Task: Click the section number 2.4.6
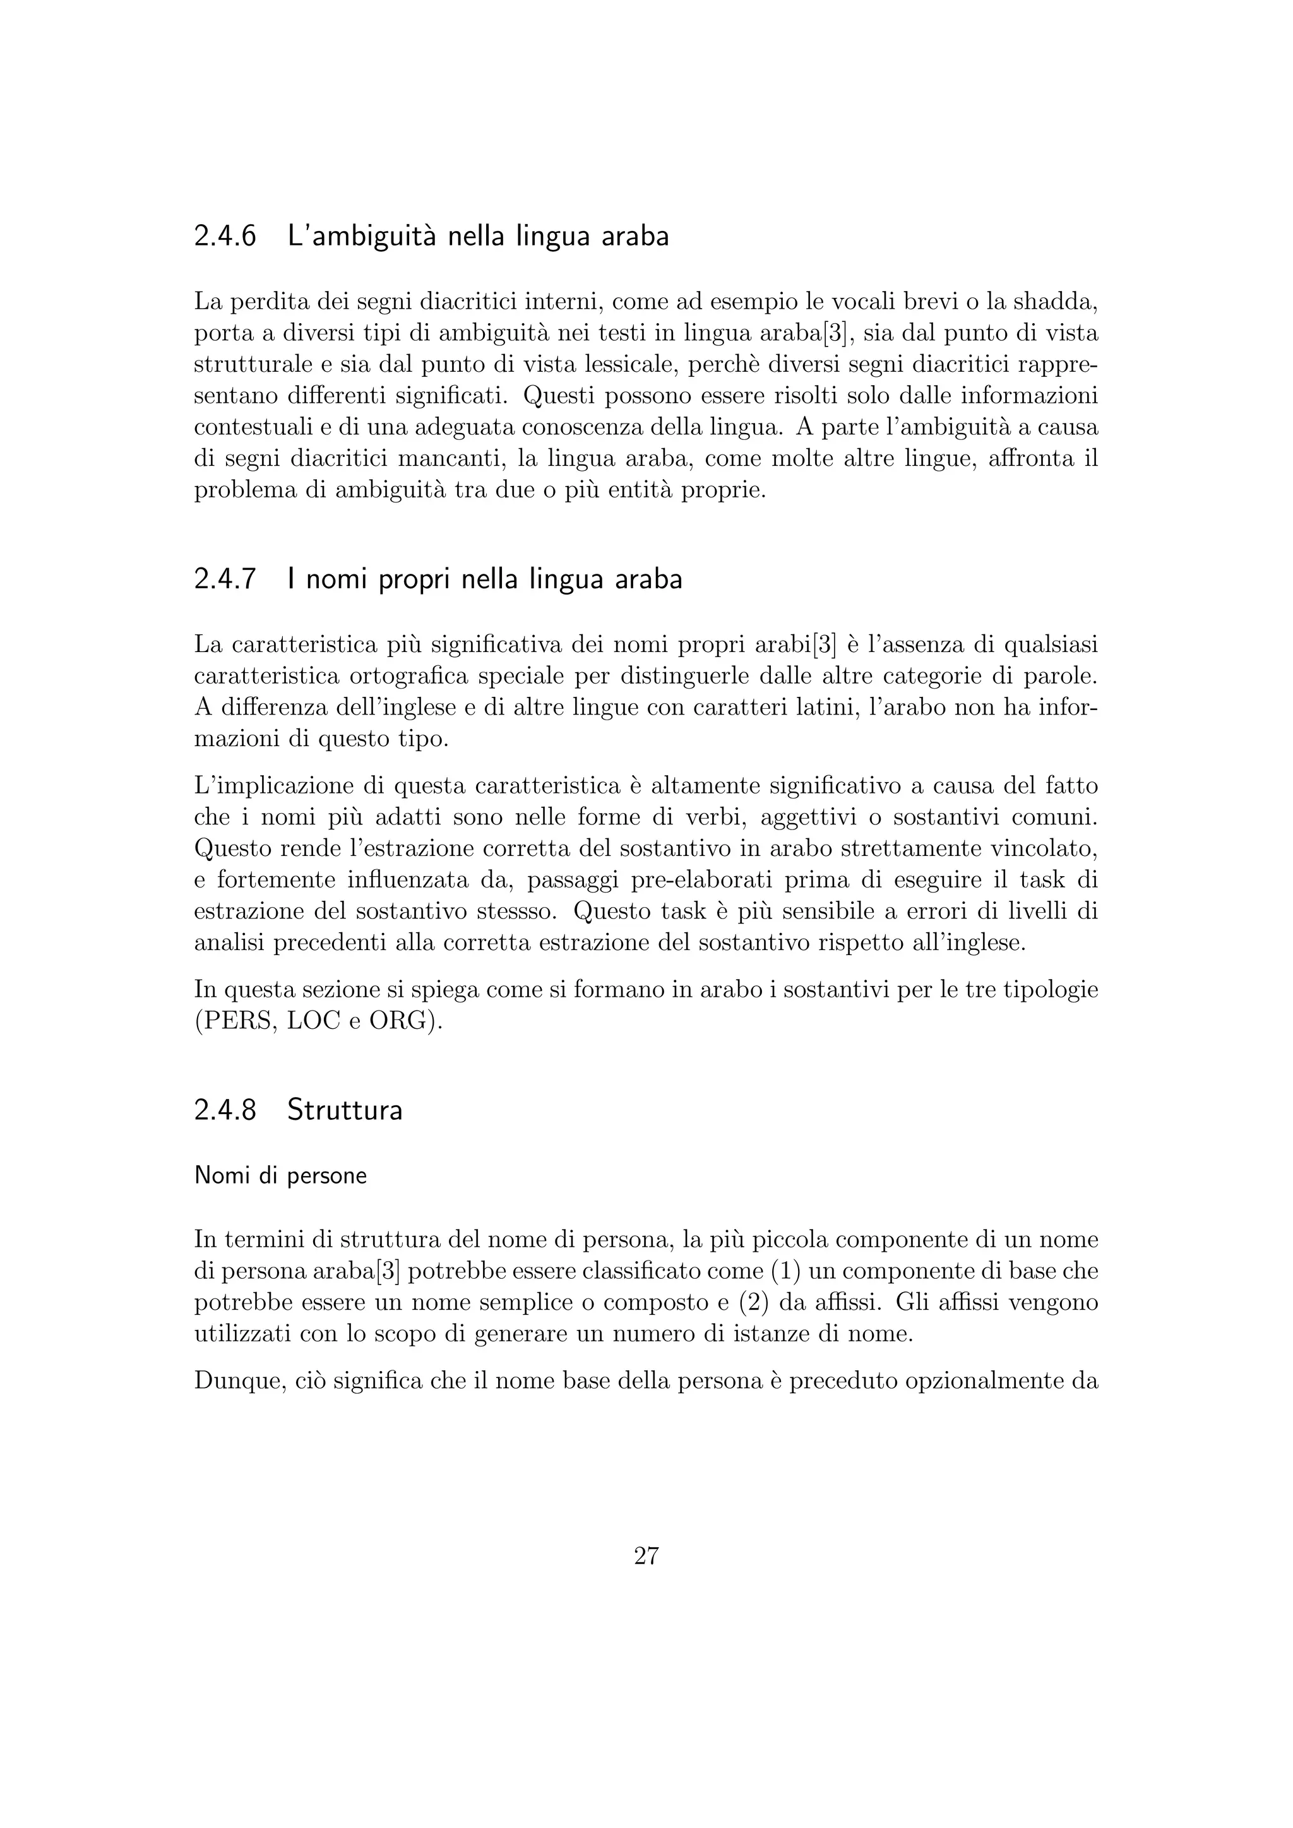[x=225, y=237]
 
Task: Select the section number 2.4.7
[x=225, y=579]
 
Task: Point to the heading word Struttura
[x=345, y=1110]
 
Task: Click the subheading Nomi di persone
[x=280, y=1176]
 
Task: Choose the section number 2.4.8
[x=225, y=1110]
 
